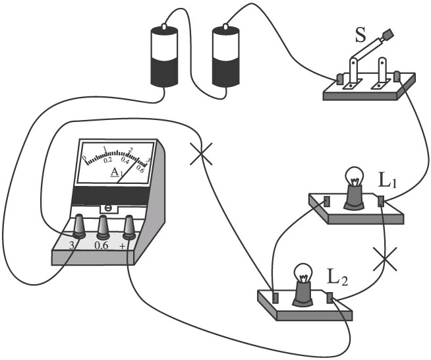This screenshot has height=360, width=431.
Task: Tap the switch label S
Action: [360, 35]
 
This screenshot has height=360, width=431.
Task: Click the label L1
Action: [387, 180]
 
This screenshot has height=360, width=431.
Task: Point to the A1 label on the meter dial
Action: [115, 173]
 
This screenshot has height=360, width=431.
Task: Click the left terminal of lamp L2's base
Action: [275, 296]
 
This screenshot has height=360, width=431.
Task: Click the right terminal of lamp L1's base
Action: [380, 200]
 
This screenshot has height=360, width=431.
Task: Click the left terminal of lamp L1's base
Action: [327, 201]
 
